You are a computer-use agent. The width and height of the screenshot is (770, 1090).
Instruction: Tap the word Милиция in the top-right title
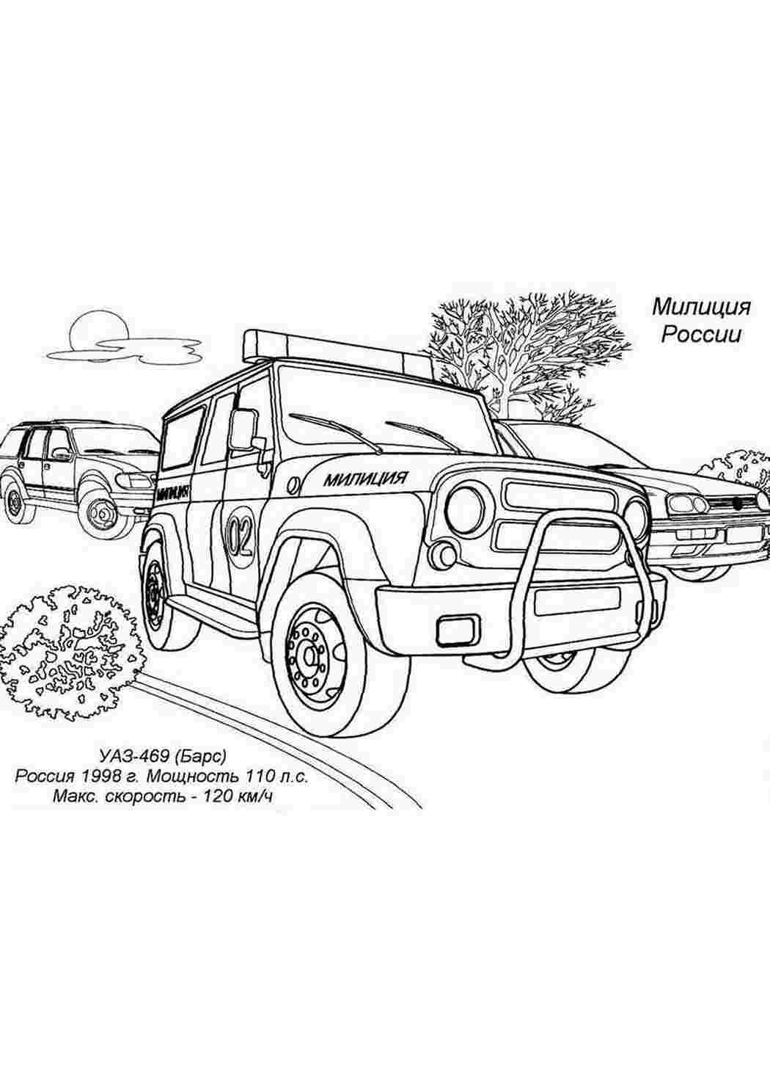[701, 308]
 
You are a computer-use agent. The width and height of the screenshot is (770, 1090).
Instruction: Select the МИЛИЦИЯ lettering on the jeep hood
[365, 479]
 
